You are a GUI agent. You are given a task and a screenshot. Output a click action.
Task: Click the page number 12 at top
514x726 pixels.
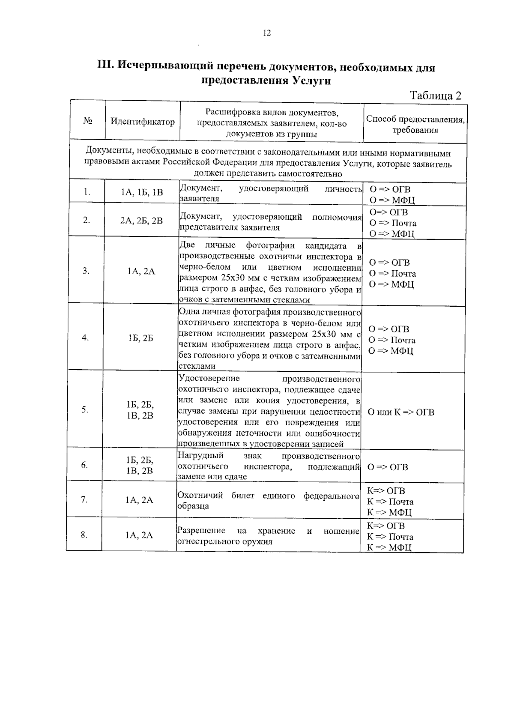point(267,33)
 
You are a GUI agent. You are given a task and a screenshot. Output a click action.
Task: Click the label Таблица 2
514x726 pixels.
point(436,96)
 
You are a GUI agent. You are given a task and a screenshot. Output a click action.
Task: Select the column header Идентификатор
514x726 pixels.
point(143,122)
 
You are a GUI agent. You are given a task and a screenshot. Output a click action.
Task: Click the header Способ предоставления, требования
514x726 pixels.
point(415,125)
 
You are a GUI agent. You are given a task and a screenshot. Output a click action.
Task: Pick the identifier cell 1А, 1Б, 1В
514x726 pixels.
point(142,193)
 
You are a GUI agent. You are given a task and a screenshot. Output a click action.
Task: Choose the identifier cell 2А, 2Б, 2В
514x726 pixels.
point(141,221)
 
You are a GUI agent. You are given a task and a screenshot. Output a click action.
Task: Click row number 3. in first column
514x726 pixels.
point(86,271)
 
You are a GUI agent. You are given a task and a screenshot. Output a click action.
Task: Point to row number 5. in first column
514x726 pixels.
point(85,409)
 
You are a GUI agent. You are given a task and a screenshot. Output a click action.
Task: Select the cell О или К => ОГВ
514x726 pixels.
point(401,412)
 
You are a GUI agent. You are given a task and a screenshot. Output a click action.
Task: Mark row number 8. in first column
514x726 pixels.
point(84,535)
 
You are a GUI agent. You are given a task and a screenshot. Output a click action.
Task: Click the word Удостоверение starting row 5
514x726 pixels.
point(209,379)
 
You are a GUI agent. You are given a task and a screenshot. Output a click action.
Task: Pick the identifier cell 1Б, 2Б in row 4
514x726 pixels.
point(140,338)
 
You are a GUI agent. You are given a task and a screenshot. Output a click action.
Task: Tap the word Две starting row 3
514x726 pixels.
point(187,245)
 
